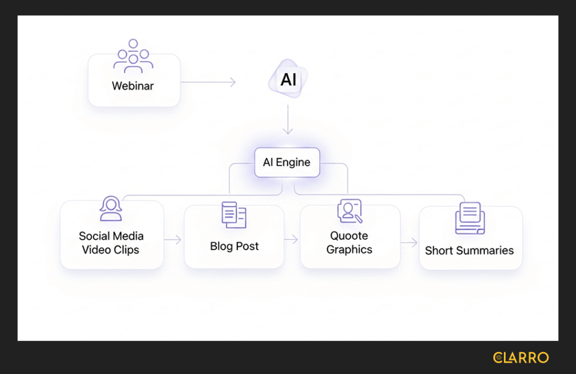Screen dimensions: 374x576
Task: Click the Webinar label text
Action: click(x=133, y=86)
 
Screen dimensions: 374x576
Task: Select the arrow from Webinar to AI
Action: click(x=208, y=82)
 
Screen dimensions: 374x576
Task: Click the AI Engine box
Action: click(x=287, y=162)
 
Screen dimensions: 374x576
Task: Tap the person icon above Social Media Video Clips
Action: click(x=111, y=209)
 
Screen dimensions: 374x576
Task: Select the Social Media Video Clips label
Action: click(x=111, y=243)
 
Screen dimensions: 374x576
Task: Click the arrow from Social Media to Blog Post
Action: click(x=173, y=240)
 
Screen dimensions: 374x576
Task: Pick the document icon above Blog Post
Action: click(x=233, y=215)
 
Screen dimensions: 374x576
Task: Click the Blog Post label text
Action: click(x=235, y=246)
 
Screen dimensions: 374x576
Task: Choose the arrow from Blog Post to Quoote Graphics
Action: click(x=291, y=240)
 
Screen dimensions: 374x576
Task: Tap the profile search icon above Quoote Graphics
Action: click(x=349, y=211)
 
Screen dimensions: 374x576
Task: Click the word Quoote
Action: click(x=349, y=236)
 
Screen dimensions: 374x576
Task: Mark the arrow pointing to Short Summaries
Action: click(x=409, y=243)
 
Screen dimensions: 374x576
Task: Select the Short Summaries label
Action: click(x=469, y=251)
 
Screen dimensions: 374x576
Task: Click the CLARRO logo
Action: click(x=520, y=358)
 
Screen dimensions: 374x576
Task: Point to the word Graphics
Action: click(x=349, y=250)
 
